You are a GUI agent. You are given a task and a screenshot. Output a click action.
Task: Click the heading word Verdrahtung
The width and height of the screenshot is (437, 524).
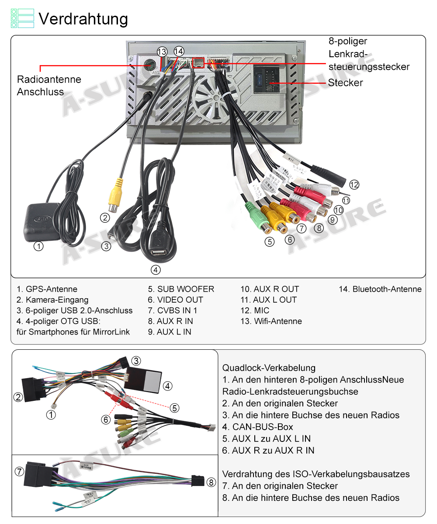click(x=83, y=19)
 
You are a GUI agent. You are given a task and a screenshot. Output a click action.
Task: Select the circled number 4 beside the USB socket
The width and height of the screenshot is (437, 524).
click(x=155, y=270)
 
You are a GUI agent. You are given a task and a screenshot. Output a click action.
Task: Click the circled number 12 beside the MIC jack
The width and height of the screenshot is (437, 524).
click(x=354, y=185)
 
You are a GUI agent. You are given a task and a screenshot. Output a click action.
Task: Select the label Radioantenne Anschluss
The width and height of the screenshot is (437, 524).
click(x=49, y=86)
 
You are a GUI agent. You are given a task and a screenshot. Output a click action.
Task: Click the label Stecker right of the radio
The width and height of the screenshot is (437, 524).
click(x=345, y=83)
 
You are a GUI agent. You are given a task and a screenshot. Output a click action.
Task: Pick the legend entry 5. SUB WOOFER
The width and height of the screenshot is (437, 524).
click(x=181, y=289)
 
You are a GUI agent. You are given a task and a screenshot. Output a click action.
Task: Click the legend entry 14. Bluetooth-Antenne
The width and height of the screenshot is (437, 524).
click(x=380, y=289)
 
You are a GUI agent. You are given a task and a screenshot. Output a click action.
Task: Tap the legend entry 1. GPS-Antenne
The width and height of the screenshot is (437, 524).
click(x=47, y=289)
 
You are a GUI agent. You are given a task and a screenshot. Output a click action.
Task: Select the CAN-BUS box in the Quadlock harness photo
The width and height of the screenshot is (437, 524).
click(x=145, y=379)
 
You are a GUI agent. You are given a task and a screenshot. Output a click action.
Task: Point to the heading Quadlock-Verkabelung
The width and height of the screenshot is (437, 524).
click(x=269, y=368)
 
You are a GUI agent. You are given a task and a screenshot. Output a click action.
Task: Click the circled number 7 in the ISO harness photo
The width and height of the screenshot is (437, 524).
click(x=19, y=472)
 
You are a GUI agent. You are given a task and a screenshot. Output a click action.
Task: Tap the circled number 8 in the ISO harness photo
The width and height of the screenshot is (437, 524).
click(x=211, y=482)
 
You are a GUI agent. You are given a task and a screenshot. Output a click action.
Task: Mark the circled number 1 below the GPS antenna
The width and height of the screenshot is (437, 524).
click(x=39, y=246)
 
